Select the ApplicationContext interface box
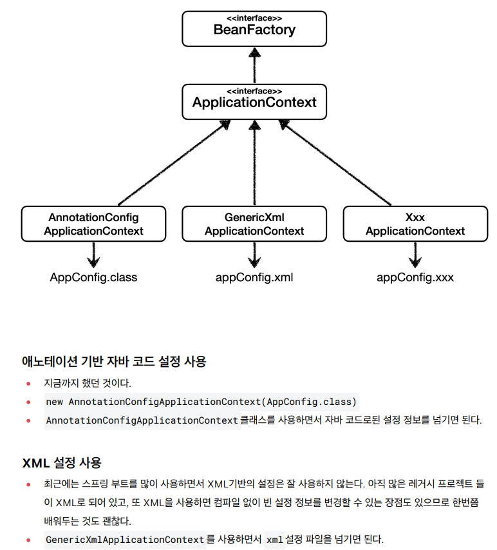254,101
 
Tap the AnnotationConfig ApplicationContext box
94,224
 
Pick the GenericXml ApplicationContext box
254,224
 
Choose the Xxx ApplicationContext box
415,224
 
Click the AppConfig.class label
94,277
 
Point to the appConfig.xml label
254,277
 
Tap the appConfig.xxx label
415,277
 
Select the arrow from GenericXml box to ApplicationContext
254,164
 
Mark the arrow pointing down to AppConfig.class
94,254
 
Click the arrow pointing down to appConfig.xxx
415,254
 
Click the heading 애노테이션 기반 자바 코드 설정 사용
114,361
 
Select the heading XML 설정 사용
62,462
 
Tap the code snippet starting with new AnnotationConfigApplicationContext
201,402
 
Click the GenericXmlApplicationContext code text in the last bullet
125,539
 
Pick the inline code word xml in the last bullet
274,539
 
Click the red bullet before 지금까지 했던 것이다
28,383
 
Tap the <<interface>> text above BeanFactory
254,17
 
